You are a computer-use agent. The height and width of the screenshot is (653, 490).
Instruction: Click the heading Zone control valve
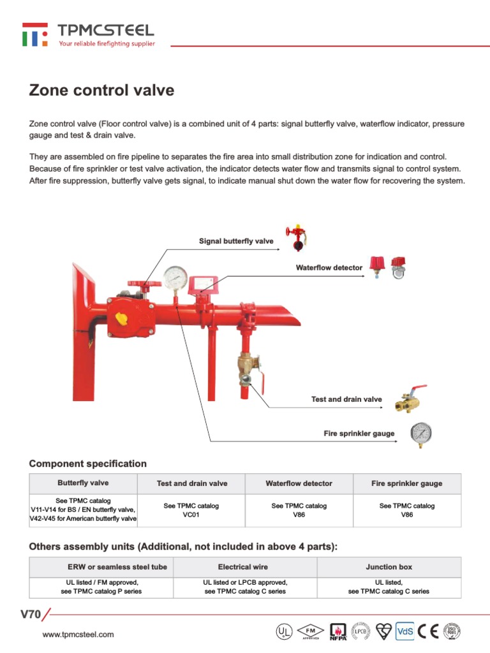101,90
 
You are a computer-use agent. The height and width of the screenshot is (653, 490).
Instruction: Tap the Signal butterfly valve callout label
236,241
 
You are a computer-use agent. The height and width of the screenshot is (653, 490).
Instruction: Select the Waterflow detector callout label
329,268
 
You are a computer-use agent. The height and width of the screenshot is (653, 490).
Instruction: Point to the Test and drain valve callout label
346,399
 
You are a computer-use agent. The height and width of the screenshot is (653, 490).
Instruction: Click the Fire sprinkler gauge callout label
359,434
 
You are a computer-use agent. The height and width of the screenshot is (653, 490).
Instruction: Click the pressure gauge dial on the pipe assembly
175,277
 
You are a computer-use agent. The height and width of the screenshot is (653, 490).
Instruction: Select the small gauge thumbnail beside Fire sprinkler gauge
420,433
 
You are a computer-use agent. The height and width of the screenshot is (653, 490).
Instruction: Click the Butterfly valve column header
83,483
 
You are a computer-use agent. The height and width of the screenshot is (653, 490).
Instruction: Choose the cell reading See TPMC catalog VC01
191,510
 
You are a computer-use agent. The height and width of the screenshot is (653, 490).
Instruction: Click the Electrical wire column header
243,567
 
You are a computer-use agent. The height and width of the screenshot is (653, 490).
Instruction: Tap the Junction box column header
389,567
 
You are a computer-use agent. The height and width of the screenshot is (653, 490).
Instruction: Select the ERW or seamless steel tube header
117,567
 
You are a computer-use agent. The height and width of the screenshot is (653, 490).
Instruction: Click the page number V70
31,615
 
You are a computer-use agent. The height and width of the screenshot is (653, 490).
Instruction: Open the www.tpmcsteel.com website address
78,635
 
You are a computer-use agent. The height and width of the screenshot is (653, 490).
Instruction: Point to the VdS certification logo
405,631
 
